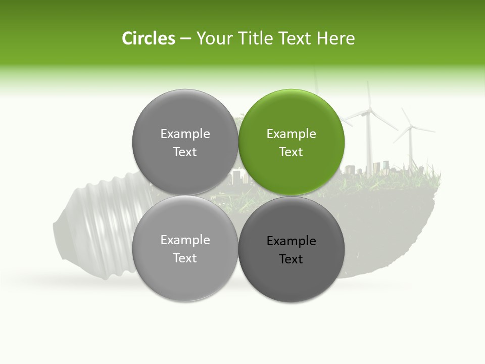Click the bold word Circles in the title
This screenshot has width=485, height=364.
click(x=148, y=38)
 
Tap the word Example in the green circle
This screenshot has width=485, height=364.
click(x=291, y=134)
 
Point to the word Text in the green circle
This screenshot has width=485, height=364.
click(x=291, y=152)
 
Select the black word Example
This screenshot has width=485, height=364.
click(x=291, y=241)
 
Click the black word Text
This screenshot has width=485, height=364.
click(x=291, y=259)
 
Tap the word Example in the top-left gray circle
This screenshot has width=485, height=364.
click(x=185, y=134)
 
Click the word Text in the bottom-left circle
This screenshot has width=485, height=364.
click(x=185, y=258)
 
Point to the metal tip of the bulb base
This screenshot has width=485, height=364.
click(x=59, y=233)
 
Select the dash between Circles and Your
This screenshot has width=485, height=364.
click(x=185, y=39)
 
